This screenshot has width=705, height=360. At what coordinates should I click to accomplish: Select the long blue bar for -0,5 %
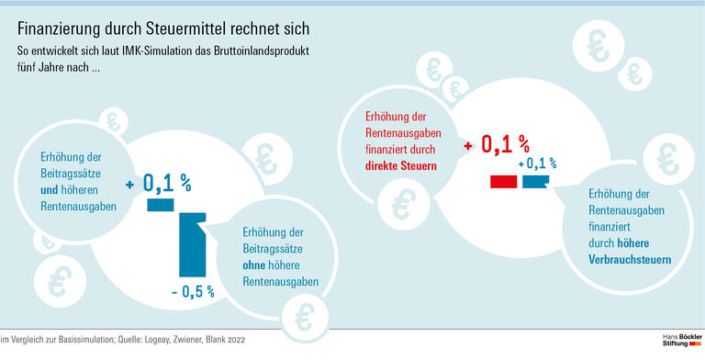coord(191,243)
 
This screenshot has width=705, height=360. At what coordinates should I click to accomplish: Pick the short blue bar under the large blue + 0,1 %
coord(160,205)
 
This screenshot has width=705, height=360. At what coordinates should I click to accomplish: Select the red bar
coord(503,182)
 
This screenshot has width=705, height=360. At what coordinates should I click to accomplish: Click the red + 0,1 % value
coord(497,145)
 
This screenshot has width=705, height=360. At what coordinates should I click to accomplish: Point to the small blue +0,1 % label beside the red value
coord(538,164)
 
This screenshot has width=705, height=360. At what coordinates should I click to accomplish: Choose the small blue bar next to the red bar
coord(535,182)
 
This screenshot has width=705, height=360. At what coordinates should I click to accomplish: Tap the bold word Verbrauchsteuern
coord(630,261)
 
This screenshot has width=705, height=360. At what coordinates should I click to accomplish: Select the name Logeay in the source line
coord(157,340)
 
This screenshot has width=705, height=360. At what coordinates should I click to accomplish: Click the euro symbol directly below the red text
coord(400,204)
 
